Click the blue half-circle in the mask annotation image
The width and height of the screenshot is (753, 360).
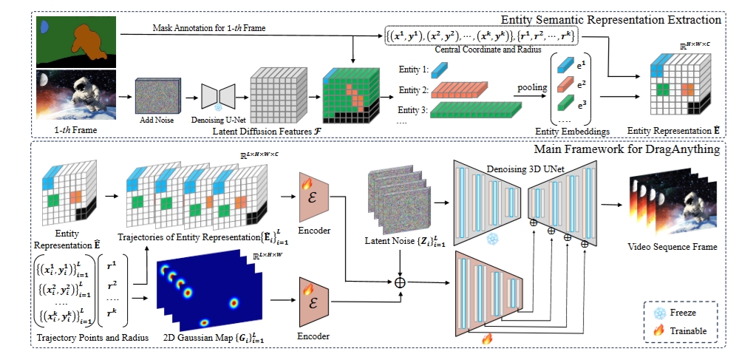point(44,27)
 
